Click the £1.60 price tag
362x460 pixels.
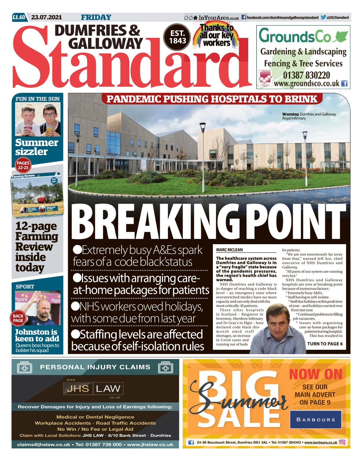coord(19,17)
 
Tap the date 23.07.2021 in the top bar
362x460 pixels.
coord(46,17)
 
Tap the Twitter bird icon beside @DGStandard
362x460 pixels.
coord(323,17)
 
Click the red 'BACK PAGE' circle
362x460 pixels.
coord(18,318)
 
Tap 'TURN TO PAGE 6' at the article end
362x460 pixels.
coord(325,344)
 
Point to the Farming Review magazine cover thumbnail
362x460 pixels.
coord(37,195)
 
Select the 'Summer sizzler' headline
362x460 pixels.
coord(36,147)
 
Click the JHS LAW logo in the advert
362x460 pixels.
coord(94,389)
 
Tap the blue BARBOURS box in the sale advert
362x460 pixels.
coord(316,419)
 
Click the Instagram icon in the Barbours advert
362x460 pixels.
coord(342,442)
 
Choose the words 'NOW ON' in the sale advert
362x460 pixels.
coord(316,374)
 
